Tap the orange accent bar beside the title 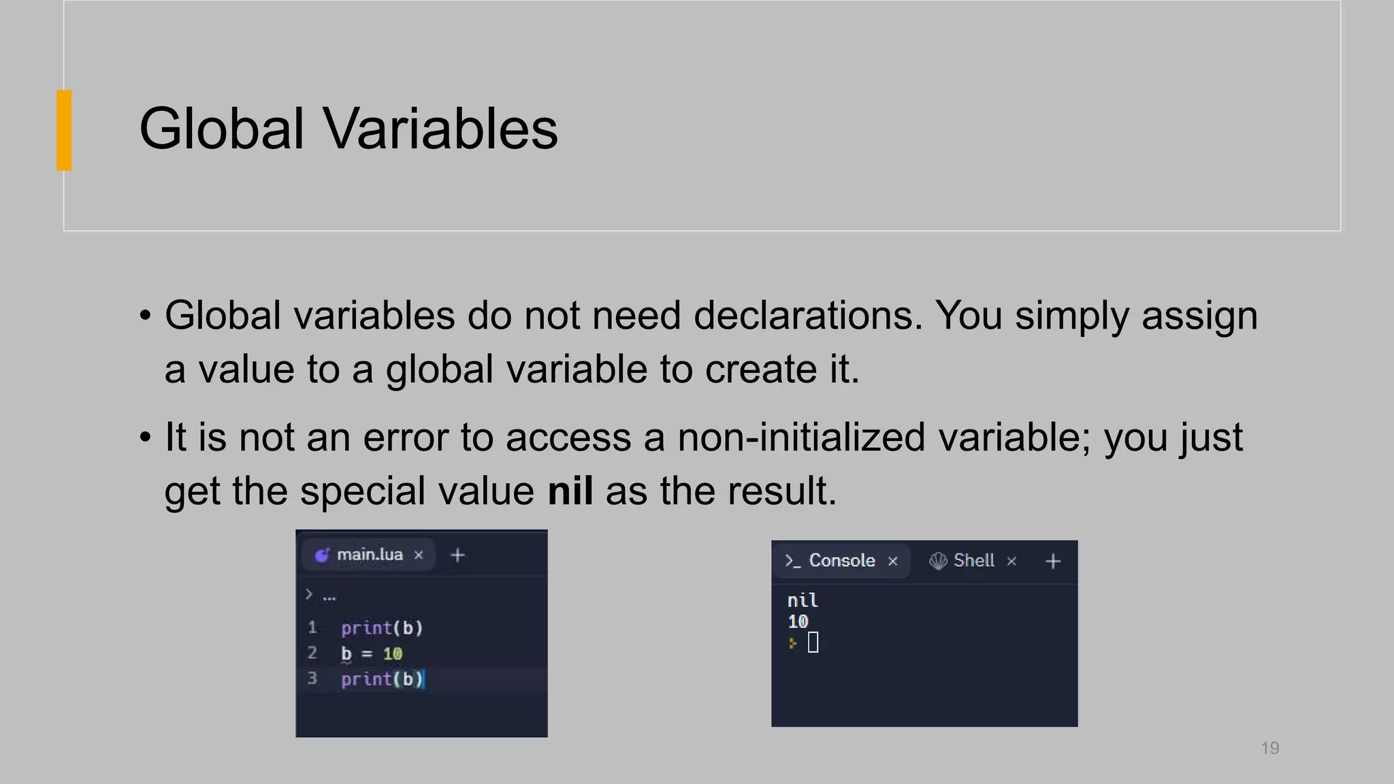pos(64,130)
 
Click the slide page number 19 pos(1269,748)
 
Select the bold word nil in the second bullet pos(570,491)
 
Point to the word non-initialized pos(801,437)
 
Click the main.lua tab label pos(369,555)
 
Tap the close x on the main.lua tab pos(419,555)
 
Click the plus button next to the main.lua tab pos(458,555)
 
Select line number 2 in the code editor pos(312,653)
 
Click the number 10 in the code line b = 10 pos(392,654)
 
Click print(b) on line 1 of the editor pos(381,627)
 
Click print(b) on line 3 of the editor pos(381,679)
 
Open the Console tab pos(841,561)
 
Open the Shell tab pos(973,561)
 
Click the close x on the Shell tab pos(1011,561)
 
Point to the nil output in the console pos(802,600)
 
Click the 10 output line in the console pos(797,621)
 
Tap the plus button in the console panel pos(1052,561)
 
